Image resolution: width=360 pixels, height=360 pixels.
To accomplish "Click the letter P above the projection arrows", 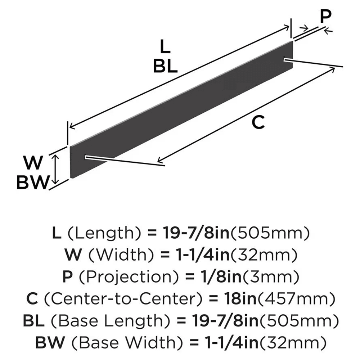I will point(326,17).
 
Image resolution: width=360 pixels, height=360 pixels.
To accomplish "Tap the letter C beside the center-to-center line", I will point(258,123).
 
